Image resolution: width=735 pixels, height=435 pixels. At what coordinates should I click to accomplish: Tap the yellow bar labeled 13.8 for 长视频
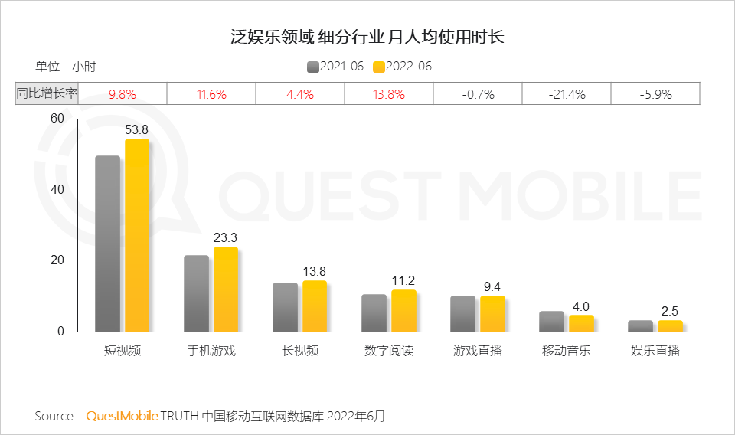315,306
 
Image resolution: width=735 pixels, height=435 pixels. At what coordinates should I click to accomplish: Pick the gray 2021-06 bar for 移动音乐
551,322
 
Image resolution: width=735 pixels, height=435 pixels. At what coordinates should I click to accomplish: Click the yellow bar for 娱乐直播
670,325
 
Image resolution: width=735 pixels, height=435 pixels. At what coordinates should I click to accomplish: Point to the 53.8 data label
137,129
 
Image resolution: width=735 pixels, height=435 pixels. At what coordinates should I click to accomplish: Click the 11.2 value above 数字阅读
403,280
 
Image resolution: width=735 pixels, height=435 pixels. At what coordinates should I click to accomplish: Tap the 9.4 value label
492,286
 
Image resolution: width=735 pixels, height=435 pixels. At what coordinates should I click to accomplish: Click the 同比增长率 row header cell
47,94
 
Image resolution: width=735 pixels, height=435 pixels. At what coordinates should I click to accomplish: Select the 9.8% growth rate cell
122,94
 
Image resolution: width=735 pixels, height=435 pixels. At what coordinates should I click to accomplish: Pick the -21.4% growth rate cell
567,94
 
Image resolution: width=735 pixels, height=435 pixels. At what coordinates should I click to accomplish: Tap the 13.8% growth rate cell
389,94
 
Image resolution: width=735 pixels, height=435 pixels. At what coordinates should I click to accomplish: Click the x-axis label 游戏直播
478,352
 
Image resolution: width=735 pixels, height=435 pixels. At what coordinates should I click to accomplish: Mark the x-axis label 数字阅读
389,352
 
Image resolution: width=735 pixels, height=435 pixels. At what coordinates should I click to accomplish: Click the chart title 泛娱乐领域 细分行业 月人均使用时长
367,36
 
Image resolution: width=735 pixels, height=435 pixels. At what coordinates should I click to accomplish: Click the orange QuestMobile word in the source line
122,416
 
